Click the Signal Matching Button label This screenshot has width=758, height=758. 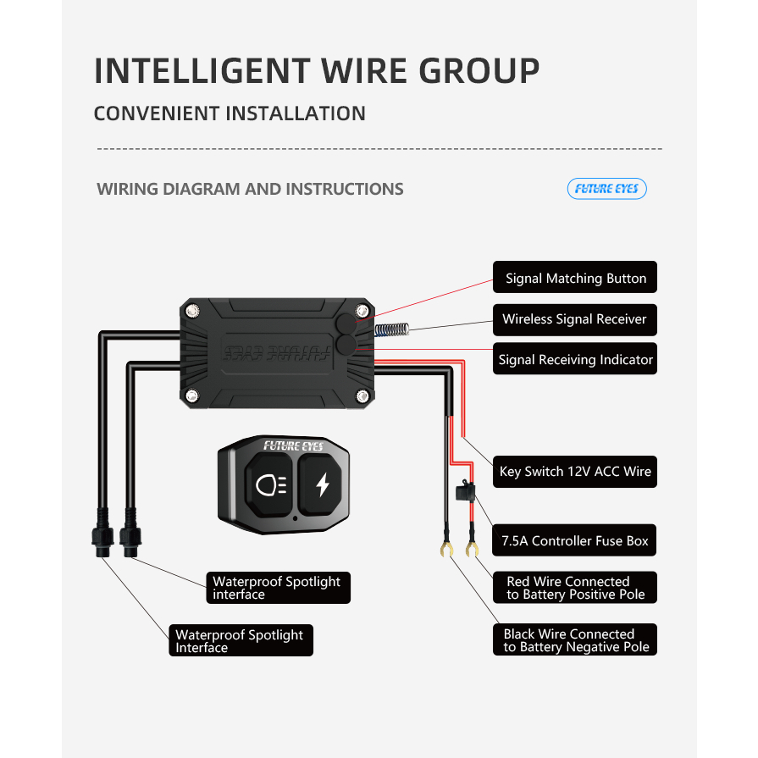pyautogui.click(x=575, y=278)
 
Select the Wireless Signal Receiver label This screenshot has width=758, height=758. pyautogui.click(x=574, y=319)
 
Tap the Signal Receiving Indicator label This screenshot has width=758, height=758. pyautogui.click(x=575, y=360)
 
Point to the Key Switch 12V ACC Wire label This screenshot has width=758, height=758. pyautogui.click(x=575, y=472)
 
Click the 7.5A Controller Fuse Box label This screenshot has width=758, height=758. pyautogui.click(x=574, y=540)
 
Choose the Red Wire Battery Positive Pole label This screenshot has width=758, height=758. pyautogui.click(x=575, y=588)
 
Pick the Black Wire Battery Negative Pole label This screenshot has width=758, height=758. pyautogui.click(x=575, y=640)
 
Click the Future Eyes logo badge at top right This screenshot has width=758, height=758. pyautogui.click(x=606, y=188)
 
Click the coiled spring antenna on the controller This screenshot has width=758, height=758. pyautogui.click(x=390, y=329)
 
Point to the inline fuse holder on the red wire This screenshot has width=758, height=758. pyautogui.click(x=465, y=492)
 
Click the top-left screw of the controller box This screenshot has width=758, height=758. pyautogui.click(x=193, y=311)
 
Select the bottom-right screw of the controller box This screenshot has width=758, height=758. pyautogui.click(x=362, y=396)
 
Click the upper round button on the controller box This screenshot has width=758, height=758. pyautogui.click(x=344, y=324)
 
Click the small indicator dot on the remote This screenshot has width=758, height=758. pyautogui.click(x=295, y=517)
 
